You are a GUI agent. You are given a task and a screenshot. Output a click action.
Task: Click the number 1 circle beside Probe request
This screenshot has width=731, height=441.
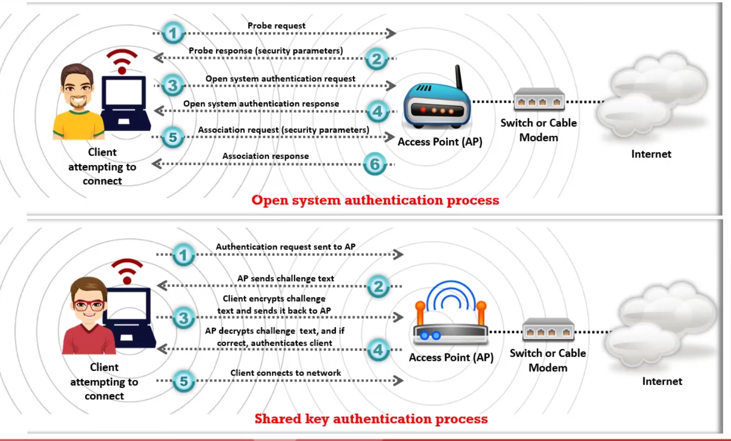click(x=173, y=33)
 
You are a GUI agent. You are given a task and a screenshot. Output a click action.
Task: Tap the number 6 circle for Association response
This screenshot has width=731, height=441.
click(x=375, y=164)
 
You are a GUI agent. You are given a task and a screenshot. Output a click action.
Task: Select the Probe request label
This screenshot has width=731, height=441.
click(x=276, y=25)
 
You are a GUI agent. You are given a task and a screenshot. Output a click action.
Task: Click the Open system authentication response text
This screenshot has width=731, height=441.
click(x=261, y=103)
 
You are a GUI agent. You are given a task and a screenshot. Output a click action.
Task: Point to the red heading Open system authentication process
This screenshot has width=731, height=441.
click(x=375, y=200)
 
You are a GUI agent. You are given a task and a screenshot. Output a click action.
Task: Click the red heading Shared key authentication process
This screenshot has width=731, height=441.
click(x=371, y=419)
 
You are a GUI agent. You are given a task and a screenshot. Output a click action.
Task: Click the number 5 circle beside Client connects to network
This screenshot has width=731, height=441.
click(x=184, y=381)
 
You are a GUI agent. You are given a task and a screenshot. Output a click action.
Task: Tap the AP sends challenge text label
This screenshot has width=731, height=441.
click(x=285, y=279)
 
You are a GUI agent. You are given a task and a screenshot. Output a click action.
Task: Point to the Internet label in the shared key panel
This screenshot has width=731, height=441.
click(x=662, y=381)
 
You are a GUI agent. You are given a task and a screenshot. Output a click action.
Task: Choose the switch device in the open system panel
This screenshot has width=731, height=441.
click(x=538, y=99)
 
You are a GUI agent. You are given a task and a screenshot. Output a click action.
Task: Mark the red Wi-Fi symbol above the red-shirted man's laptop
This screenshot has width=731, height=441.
click(x=127, y=270)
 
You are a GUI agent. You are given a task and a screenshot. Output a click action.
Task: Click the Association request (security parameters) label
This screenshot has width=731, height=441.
click(x=283, y=130)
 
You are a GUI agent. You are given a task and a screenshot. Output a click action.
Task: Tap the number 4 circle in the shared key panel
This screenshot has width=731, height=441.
click(x=378, y=350)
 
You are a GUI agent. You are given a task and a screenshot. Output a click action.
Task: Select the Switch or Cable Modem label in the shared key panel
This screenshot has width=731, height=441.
click(x=547, y=360)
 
